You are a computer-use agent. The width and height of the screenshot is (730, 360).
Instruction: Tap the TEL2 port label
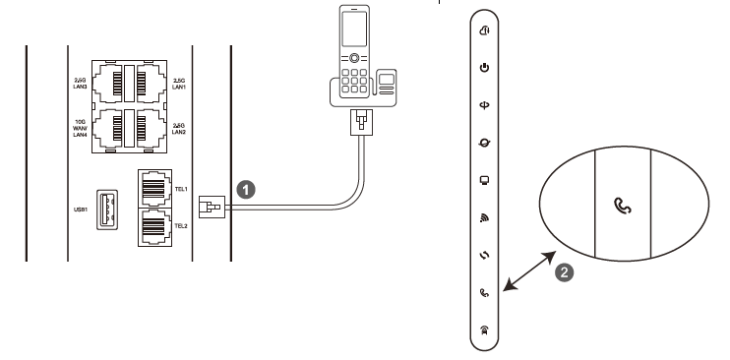click(x=180, y=224)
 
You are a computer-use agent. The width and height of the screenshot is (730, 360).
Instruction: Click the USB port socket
click(x=104, y=208)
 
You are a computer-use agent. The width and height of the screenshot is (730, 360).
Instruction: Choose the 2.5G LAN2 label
click(x=180, y=129)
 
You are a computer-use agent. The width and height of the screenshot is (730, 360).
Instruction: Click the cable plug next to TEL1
click(x=210, y=206)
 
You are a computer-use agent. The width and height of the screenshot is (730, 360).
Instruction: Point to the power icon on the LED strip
click(x=483, y=67)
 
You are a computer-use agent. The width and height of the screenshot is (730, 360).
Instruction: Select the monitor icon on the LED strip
click(x=483, y=179)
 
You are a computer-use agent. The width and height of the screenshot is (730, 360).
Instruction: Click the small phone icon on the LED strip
click(x=483, y=291)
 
